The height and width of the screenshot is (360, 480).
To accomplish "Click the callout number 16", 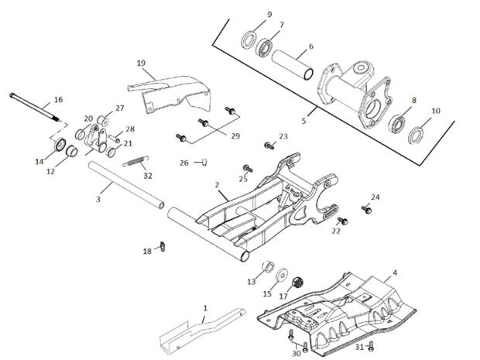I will tap(58, 99).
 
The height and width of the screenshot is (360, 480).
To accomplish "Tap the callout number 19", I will tap(141, 62).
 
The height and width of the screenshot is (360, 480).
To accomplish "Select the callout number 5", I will tap(304, 121).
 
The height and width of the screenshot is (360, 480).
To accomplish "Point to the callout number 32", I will tap(147, 176).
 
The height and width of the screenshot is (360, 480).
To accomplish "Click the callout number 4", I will tap(395, 273).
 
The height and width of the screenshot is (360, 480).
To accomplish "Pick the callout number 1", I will tap(204, 308).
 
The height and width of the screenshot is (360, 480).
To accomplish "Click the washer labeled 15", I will tap(282, 275).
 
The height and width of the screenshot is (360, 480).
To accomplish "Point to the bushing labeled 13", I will tap(269, 268).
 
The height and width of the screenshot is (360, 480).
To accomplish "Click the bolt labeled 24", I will tap(368, 208).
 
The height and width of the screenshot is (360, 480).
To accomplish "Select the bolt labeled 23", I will tap(269, 145).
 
